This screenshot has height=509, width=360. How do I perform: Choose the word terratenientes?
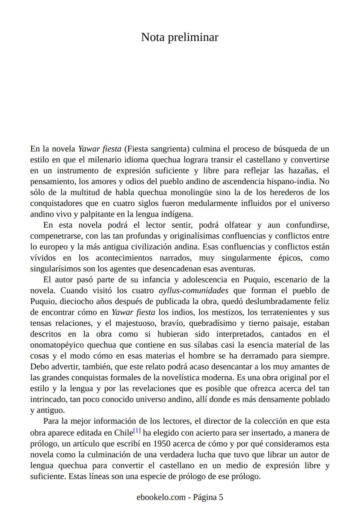(284, 312)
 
